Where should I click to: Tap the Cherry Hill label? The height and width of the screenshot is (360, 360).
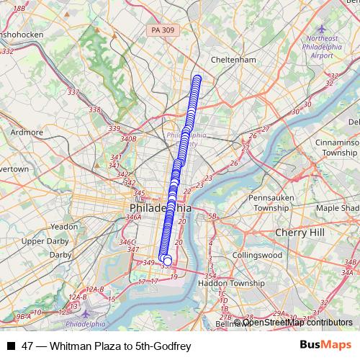point(300,233)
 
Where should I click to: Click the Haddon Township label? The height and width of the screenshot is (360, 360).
point(231,283)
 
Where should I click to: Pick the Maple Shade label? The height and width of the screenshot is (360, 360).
point(336,208)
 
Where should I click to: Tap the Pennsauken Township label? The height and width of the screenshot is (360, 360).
point(267,202)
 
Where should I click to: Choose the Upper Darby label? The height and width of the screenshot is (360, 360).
point(43,241)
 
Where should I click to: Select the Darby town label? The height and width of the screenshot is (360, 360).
point(60,254)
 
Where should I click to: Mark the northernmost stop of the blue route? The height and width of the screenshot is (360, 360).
point(197,78)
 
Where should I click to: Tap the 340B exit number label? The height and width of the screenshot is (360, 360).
point(128,138)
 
